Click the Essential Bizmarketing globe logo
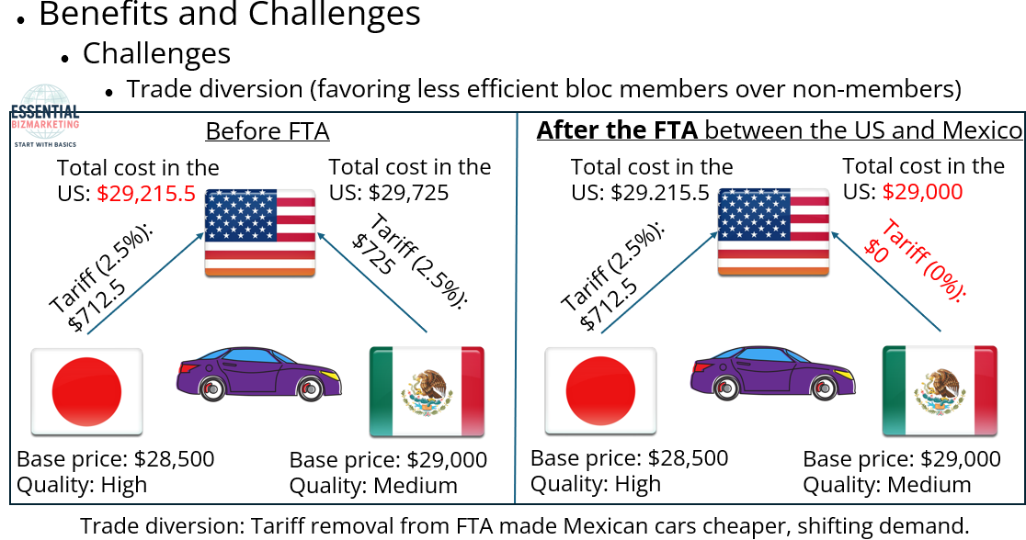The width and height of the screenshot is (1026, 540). pos(45,116)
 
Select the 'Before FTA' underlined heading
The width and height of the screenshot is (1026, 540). pos(267,131)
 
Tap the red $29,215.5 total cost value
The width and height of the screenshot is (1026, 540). pos(146,193)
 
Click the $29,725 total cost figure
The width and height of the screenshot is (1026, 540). pos(408,193)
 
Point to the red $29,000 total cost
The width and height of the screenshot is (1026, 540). pos(922,192)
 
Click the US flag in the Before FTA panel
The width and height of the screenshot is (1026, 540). pos(260,232)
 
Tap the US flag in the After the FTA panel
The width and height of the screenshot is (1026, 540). pos(773,232)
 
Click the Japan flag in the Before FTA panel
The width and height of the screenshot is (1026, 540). pos(86,391)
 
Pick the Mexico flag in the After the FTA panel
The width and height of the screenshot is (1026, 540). pos(940,391)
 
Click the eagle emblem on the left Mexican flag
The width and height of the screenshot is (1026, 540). pos(427,392)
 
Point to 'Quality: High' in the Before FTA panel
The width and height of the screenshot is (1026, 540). pos(82,485)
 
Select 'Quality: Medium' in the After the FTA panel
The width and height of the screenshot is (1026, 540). pos(886,485)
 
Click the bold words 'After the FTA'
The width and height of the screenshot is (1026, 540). pos(617,130)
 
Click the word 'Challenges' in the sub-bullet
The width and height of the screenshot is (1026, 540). pos(156,53)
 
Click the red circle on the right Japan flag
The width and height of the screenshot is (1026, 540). pos(600,391)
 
